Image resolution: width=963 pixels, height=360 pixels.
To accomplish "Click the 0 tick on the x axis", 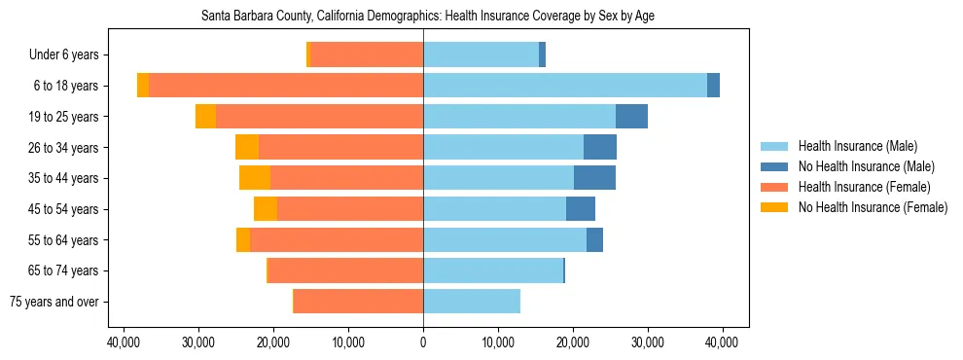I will coord(423,342).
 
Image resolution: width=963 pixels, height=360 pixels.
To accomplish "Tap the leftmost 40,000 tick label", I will coord(124,342).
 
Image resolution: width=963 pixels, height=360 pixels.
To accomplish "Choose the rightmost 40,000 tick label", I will coord(722,342).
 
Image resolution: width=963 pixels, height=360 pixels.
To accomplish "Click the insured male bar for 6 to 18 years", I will coord(564,86).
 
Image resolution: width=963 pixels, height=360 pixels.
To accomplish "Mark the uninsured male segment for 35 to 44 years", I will coord(594,178).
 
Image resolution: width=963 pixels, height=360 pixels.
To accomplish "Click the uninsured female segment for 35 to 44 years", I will coord(255,178).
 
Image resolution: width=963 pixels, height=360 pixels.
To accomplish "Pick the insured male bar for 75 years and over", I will coord(472,302).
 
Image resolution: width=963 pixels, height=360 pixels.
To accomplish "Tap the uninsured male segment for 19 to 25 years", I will coord(631,117).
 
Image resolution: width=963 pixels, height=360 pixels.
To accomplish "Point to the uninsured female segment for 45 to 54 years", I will coord(266,209).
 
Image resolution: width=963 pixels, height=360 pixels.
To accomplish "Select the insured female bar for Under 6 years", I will coord(366,55).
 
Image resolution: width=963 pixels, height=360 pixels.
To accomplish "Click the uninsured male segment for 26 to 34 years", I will coord(599,147).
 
